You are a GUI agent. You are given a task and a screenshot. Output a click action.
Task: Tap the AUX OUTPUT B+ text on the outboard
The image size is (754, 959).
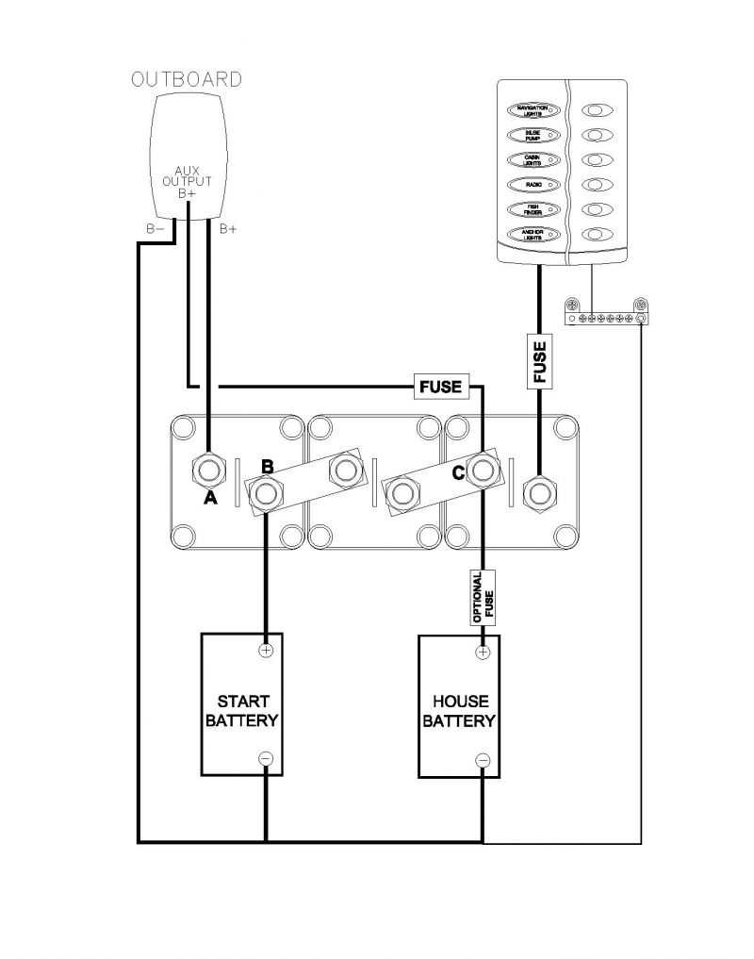click(x=188, y=181)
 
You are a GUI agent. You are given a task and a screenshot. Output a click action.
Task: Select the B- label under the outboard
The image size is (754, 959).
click(x=156, y=229)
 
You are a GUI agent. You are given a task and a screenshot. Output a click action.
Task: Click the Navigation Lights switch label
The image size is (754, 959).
click(x=533, y=110)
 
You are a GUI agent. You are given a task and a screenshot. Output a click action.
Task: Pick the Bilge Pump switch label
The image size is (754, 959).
click(x=533, y=135)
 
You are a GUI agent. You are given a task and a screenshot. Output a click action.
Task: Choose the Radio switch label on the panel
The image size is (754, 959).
click(x=533, y=184)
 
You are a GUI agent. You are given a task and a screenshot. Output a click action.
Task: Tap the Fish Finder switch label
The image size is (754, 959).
click(x=533, y=208)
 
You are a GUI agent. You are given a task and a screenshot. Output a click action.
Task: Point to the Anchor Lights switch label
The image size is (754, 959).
click(x=533, y=234)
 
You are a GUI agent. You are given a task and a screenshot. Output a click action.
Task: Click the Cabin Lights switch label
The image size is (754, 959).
click(x=533, y=159)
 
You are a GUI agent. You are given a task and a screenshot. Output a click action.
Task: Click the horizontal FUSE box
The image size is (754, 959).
click(x=440, y=386)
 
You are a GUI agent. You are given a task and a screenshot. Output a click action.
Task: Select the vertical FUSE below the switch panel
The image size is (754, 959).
click(x=540, y=360)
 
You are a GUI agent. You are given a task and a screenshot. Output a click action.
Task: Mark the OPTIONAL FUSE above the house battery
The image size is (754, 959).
click(x=483, y=598)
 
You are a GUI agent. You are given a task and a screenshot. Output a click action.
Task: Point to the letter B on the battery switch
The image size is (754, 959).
click(x=267, y=467)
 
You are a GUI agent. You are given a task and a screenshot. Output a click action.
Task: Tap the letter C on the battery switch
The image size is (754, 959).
click(x=458, y=474)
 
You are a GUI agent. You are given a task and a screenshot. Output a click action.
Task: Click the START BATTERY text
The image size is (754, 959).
click(x=243, y=712)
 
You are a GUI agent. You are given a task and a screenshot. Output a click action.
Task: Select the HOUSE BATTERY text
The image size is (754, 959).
click(x=459, y=712)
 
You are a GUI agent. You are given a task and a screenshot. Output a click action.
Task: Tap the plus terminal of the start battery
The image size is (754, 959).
click(x=266, y=650)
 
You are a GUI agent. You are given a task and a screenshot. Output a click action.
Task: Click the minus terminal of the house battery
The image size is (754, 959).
click(x=483, y=759)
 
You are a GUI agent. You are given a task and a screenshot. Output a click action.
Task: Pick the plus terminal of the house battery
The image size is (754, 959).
click(x=483, y=651)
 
